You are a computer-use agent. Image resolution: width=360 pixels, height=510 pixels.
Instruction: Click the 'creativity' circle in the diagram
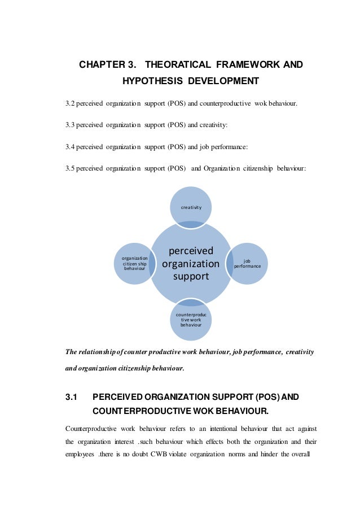191,207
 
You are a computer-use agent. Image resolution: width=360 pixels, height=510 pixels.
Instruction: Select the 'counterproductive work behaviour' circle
191,320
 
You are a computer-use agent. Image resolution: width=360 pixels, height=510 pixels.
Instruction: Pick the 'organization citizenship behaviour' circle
135,263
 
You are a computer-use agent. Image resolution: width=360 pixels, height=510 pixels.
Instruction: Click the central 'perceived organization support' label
191,263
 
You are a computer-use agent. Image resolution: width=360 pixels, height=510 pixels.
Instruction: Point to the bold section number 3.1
72,397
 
